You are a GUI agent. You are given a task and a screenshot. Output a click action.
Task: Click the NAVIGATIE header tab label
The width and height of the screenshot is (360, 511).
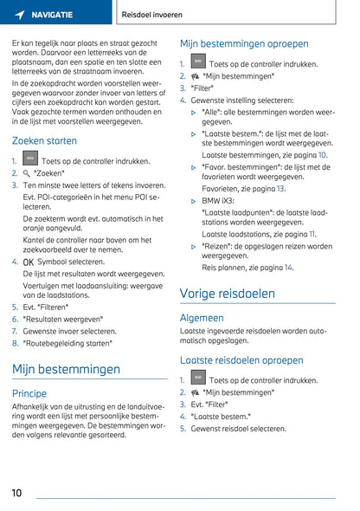coord(55,15)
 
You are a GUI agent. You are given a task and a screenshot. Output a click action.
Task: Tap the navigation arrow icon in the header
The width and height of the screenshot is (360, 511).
coord(19,15)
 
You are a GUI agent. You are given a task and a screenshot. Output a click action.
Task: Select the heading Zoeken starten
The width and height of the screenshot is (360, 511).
coord(44,140)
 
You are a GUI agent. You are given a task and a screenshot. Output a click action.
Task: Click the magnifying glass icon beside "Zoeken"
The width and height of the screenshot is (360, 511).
coord(27,173)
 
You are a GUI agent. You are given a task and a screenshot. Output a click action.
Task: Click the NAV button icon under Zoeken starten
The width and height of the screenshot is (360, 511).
coord(30,159)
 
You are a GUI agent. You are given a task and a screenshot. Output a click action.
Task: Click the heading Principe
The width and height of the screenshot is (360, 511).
coord(29,392)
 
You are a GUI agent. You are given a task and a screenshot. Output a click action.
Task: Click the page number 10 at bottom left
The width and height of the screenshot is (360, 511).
coord(16,493)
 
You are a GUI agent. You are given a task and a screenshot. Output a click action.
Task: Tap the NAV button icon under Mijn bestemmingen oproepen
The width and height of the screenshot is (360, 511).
coord(198,62)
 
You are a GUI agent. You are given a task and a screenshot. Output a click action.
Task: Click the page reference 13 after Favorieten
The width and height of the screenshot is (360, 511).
coord(280,188)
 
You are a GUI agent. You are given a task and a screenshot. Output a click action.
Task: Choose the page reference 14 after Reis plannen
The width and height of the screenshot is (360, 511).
coord(288,268)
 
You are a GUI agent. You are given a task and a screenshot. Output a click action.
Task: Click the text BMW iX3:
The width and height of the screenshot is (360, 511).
coord(219,201)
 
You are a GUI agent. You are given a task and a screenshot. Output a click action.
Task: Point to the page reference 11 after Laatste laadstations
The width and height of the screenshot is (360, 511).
coord(312,234)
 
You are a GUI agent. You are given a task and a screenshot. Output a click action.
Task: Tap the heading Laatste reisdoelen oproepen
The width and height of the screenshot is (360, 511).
coord(241,359)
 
